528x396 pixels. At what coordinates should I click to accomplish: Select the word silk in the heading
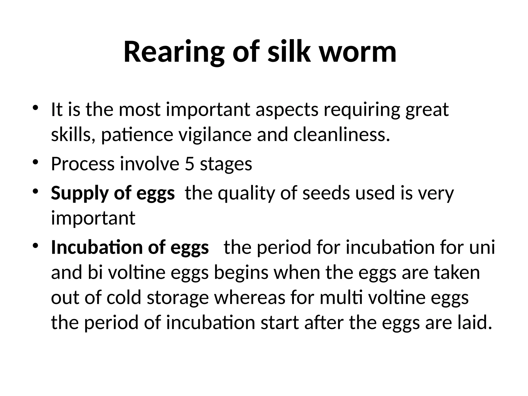click(289, 52)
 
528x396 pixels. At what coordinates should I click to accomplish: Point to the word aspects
click(287, 110)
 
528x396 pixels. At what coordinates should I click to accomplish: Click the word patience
click(137, 135)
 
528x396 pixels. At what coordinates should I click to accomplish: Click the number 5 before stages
click(189, 164)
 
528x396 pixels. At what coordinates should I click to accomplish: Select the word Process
click(83, 164)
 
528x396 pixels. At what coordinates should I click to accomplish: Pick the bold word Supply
click(80, 193)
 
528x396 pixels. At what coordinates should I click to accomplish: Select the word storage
click(178, 298)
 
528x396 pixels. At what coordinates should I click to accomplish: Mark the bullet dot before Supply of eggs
click(36, 191)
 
